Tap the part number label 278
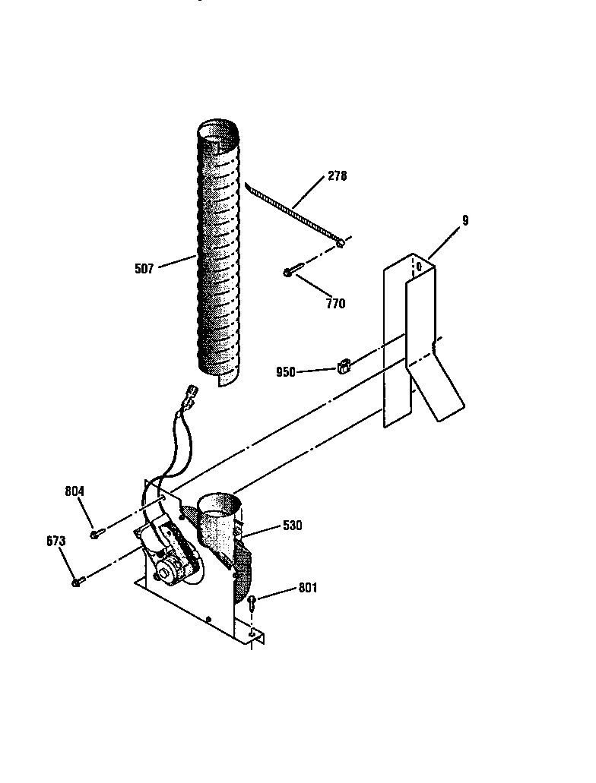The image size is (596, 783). click(x=337, y=176)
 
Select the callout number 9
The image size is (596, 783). click(x=465, y=221)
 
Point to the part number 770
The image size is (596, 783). click(x=335, y=304)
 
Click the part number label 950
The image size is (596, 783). click(x=287, y=372)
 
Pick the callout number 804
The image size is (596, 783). click(x=74, y=491)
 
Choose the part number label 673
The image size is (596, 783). click(x=55, y=541)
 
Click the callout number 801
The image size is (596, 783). click(x=308, y=588)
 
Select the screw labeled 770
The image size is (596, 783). click(x=293, y=270)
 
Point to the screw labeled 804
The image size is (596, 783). click(x=95, y=535)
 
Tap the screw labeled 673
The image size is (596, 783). click(x=77, y=583)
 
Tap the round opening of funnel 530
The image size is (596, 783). click(x=219, y=503)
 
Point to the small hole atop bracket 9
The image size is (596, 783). click(x=417, y=267)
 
